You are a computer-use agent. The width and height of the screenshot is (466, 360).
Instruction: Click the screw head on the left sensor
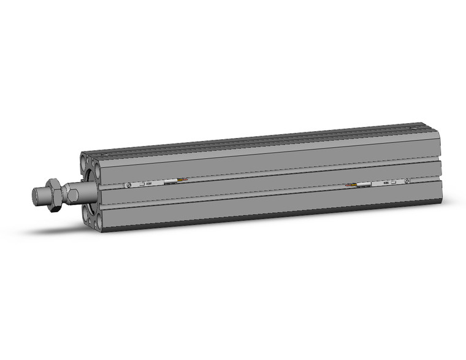129,185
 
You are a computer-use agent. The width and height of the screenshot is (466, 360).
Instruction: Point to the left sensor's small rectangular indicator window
142,183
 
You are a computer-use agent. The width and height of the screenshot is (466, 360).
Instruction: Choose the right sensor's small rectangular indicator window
395,182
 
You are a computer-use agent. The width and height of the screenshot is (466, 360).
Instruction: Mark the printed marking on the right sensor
385,183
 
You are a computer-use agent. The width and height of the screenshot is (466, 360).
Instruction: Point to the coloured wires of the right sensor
351,185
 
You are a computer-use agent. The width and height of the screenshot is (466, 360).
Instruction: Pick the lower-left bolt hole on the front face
85,213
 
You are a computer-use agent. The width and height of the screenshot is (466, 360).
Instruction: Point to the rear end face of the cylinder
439,166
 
